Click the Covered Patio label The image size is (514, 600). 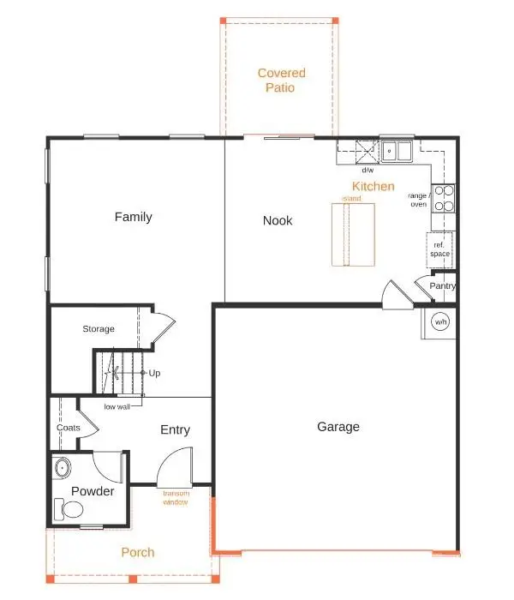click(x=281, y=80)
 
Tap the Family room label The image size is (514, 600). click(x=133, y=217)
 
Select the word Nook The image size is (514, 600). click(x=278, y=220)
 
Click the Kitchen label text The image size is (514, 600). click(x=374, y=186)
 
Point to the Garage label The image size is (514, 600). click(x=338, y=427)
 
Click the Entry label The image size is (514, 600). click(x=175, y=429)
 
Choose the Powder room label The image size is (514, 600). click(x=93, y=491)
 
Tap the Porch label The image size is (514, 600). click(x=137, y=552)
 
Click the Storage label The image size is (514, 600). click(x=99, y=329)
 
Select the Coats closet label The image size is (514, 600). click(x=69, y=428)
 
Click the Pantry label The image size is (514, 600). click(x=442, y=286)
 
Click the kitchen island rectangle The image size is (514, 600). click(x=352, y=235)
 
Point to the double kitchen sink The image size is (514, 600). click(x=397, y=152)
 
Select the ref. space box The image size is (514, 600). click(x=440, y=250)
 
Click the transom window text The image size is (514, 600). click(x=176, y=497)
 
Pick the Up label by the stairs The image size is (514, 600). click(x=154, y=374)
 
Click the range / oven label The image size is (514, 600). click(x=418, y=200)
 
